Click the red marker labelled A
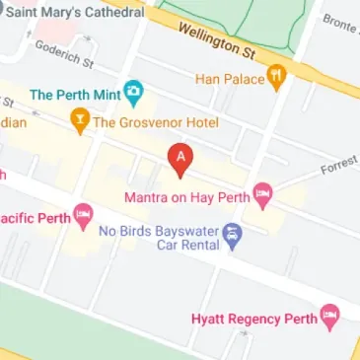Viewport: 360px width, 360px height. point(180,159)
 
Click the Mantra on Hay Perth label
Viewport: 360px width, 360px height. point(186,196)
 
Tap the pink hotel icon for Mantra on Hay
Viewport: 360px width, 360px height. point(262,195)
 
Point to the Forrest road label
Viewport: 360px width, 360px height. point(339,167)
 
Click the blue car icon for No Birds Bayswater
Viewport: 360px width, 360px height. point(233,235)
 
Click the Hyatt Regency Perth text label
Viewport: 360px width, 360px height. point(253,319)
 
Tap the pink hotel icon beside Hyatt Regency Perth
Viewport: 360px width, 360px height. point(331,318)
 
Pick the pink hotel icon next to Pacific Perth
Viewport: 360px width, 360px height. point(84,216)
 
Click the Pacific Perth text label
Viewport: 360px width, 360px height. point(34,217)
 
